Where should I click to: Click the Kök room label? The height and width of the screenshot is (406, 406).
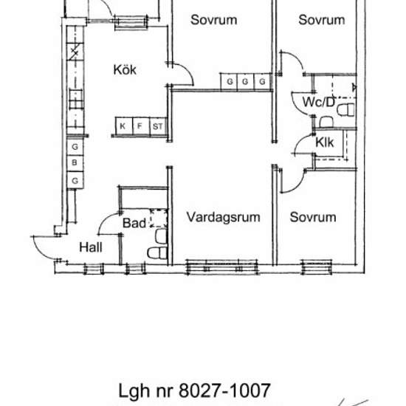[125, 70]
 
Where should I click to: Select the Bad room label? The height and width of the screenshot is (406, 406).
[134, 222]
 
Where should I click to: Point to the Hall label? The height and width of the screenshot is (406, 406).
[91, 248]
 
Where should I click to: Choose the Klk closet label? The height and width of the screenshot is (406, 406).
[325, 142]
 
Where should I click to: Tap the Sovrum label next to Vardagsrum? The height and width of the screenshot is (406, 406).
[312, 217]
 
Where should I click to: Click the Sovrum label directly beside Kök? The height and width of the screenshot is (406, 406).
[213, 20]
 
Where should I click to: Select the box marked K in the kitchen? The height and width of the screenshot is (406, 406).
[123, 127]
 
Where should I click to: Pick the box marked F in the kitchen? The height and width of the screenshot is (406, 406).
[140, 127]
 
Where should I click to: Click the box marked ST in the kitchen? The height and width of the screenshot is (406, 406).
[157, 127]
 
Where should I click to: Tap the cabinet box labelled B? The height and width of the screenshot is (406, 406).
[75, 163]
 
